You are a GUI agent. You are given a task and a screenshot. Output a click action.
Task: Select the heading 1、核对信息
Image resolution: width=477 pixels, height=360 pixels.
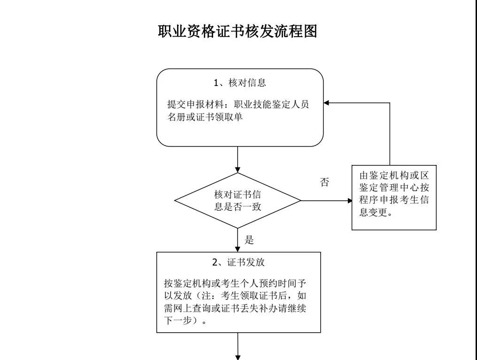click(239, 84)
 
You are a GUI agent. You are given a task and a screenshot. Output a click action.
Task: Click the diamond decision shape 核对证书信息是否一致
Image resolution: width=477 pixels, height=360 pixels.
click(238, 200)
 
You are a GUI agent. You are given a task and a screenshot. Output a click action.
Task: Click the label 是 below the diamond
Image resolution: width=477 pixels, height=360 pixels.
click(250, 241)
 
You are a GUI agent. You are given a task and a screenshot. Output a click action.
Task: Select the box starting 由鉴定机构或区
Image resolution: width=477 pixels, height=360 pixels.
click(394, 199)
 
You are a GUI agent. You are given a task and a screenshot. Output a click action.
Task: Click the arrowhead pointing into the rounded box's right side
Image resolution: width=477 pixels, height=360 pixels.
click(327, 103)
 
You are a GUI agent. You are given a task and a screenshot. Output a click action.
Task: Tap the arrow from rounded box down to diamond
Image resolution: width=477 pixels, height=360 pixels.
click(238, 160)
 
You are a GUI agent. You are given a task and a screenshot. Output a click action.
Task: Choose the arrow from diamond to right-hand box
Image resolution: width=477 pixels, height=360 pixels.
click(326, 201)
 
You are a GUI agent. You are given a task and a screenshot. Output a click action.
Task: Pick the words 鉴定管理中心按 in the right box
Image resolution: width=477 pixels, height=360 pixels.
click(394, 187)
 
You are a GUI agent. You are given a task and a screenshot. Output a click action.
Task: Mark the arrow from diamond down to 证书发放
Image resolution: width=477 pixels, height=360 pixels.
click(238, 241)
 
